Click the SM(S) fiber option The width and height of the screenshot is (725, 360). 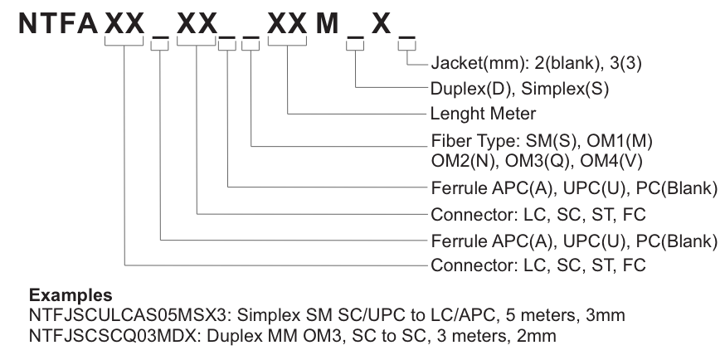pyautogui.click(x=549, y=138)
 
